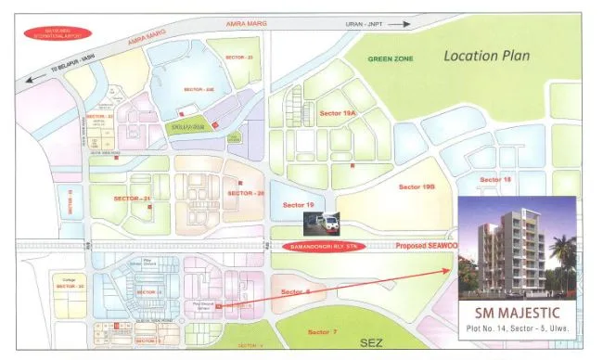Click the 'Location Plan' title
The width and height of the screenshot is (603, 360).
(x=486, y=55)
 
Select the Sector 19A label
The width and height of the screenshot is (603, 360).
(x=337, y=112)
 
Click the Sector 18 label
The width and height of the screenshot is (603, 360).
(x=494, y=179)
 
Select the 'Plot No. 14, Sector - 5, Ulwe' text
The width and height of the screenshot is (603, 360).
(x=518, y=329)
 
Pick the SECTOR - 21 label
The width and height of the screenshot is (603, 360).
(x=131, y=199)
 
